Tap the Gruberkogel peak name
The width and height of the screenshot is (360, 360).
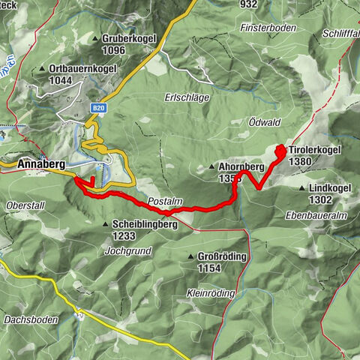(128, 38)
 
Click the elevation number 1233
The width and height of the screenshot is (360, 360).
(124, 235)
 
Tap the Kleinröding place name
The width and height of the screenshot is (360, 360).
(213, 293)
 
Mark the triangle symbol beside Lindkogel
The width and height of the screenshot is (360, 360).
(301, 189)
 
